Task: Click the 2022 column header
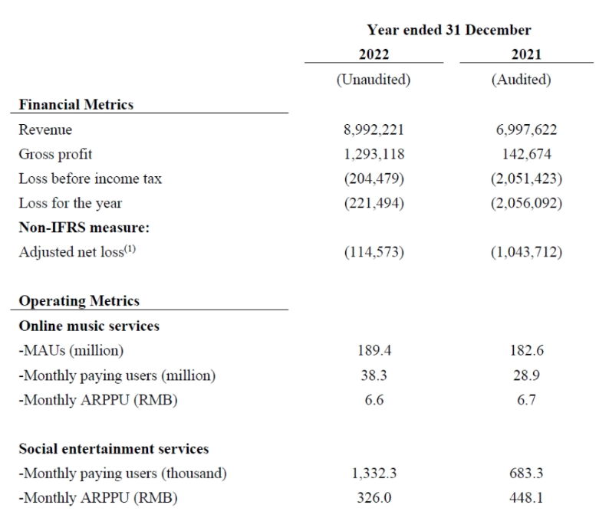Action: (x=374, y=54)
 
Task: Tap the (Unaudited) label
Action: (x=374, y=80)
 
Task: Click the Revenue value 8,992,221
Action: (x=374, y=130)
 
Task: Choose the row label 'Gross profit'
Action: (x=55, y=154)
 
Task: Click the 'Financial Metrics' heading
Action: (x=75, y=105)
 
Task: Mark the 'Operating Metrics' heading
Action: (x=78, y=301)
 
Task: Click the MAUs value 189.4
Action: (x=374, y=351)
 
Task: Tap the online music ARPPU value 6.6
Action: (x=374, y=400)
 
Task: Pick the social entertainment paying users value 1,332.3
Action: (x=374, y=473)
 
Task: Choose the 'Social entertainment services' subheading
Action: (x=114, y=449)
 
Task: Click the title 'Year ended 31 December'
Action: (x=449, y=30)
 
